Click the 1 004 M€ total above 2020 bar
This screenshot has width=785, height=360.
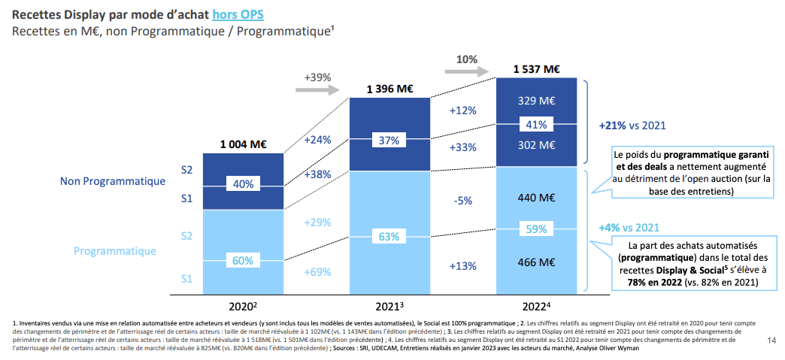243,144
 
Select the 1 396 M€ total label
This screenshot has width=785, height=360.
389,89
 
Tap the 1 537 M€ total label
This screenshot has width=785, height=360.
536,69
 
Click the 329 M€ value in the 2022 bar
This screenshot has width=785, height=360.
536,101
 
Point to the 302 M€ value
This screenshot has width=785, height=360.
536,145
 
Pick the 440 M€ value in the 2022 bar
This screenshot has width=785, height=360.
536,198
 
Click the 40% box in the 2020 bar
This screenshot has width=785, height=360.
243,183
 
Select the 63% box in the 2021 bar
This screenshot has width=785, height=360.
389,237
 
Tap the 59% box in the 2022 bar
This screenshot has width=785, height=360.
536,230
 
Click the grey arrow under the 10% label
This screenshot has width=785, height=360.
466,72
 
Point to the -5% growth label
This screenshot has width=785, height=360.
463,201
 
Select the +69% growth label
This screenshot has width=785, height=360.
317,272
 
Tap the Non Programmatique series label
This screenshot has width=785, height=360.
113,181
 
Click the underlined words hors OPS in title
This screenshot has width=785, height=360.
237,14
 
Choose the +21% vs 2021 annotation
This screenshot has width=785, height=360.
632,126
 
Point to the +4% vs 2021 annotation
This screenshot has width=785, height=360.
629,227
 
